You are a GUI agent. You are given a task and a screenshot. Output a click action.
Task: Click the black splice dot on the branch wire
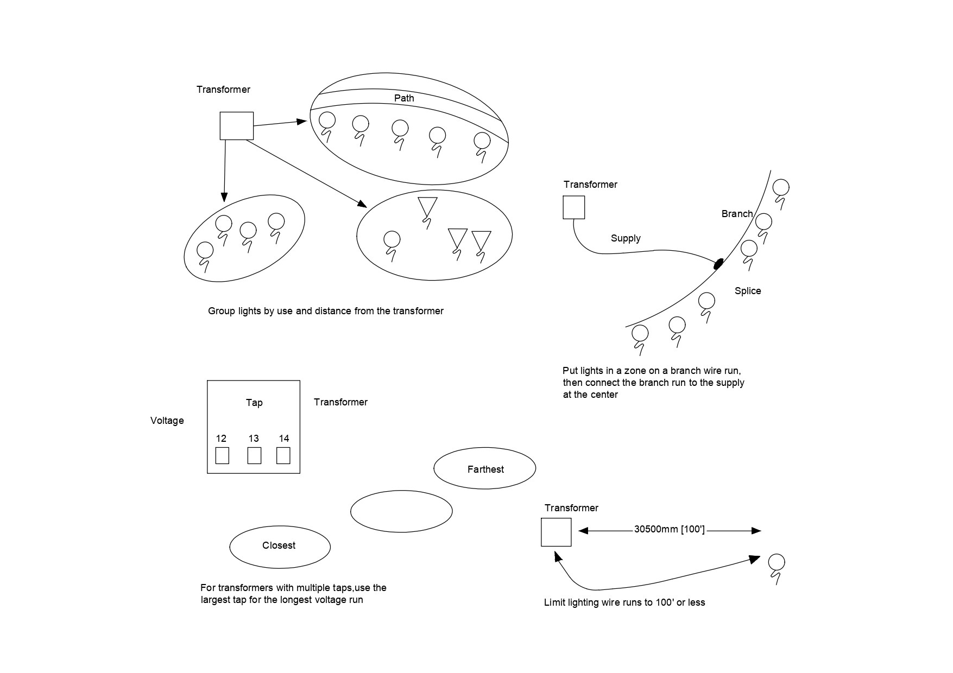tap(718, 264)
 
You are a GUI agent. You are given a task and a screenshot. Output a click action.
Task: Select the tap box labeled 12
tap(222, 455)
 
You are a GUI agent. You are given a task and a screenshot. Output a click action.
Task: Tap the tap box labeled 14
tap(283, 455)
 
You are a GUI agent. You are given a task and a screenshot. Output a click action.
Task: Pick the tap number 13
tap(254, 439)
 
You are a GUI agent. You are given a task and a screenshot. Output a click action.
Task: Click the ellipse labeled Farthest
tap(485, 468)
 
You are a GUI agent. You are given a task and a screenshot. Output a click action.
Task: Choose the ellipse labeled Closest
tap(280, 546)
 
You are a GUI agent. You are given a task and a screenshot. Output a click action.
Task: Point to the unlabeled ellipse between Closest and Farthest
tap(401, 511)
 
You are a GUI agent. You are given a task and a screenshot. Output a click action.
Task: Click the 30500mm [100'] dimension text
tap(669, 530)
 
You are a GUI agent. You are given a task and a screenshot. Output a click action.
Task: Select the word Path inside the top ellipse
tap(404, 98)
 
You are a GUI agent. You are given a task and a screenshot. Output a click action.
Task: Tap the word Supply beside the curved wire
tap(626, 238)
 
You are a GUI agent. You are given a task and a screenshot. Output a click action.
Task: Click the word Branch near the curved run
tap(737, 214)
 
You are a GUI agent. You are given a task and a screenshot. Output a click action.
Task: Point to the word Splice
tap(748, 291)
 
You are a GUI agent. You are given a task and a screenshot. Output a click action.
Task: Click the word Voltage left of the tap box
tap(167, 421)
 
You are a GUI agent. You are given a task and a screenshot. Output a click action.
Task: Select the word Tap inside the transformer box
tap(254, 402)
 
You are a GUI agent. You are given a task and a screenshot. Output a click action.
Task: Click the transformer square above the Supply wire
tap(573, 207)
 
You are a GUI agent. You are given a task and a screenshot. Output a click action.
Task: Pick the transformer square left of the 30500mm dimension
tap(556, 532)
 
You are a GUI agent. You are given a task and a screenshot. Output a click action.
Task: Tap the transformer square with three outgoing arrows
tap(236, 126)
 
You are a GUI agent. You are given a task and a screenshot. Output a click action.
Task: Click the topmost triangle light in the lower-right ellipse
tap(427, 207)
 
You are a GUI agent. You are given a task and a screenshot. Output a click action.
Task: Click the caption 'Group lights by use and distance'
tap(326, 311)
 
